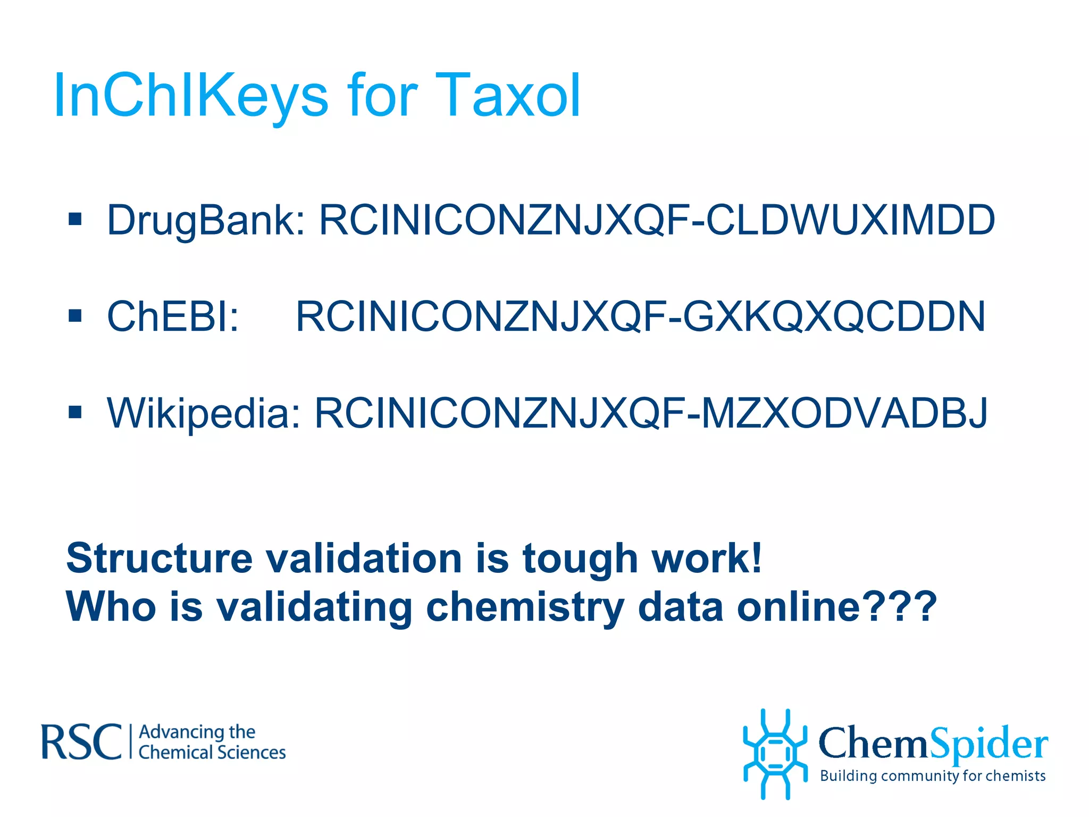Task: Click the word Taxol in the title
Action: click(x=508, y=96)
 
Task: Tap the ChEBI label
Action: click(x=173, y=316)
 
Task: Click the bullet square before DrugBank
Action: click(x=75, y=219)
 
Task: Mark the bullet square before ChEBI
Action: click(x=75, y=315)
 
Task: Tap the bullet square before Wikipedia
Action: click(x=75, y=412)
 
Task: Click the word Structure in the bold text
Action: click(x=159, y=558)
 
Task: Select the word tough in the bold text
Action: click(x=580, y=558)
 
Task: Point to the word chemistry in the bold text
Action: click(x=525, y=607)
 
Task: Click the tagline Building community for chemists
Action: click(x=933, y=776)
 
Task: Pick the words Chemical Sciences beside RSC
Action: click(x=212, y=753)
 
